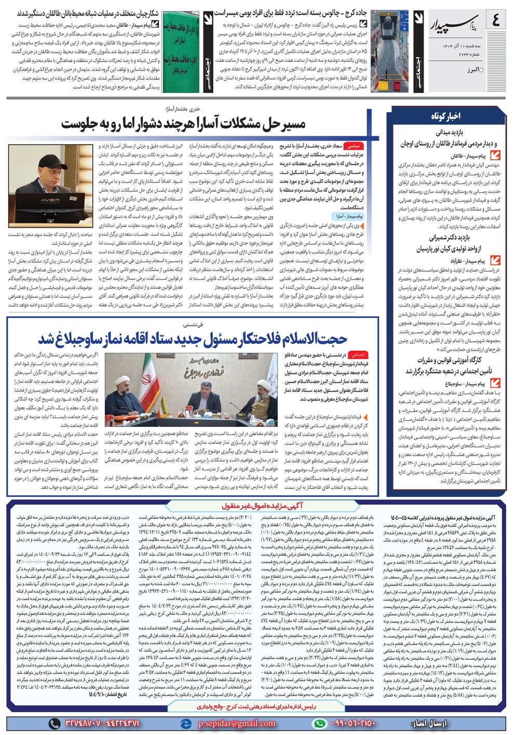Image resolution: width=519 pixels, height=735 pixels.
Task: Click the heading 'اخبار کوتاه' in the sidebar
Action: click(x=445, y=117)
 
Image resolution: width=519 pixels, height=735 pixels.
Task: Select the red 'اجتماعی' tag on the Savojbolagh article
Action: click(x=358, y=355)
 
